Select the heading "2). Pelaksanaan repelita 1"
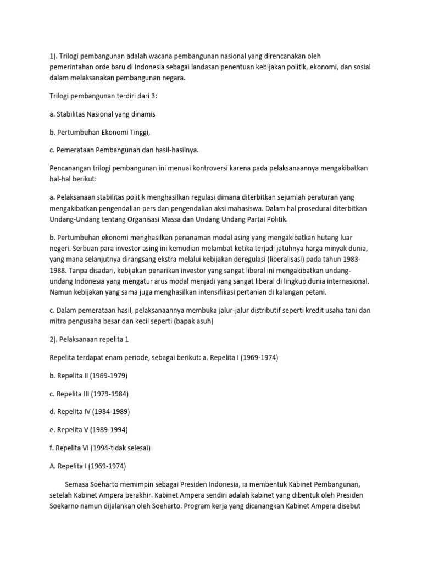point(88,339)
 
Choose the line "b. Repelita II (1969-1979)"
point(87,376)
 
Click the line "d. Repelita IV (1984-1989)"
point(88,412)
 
